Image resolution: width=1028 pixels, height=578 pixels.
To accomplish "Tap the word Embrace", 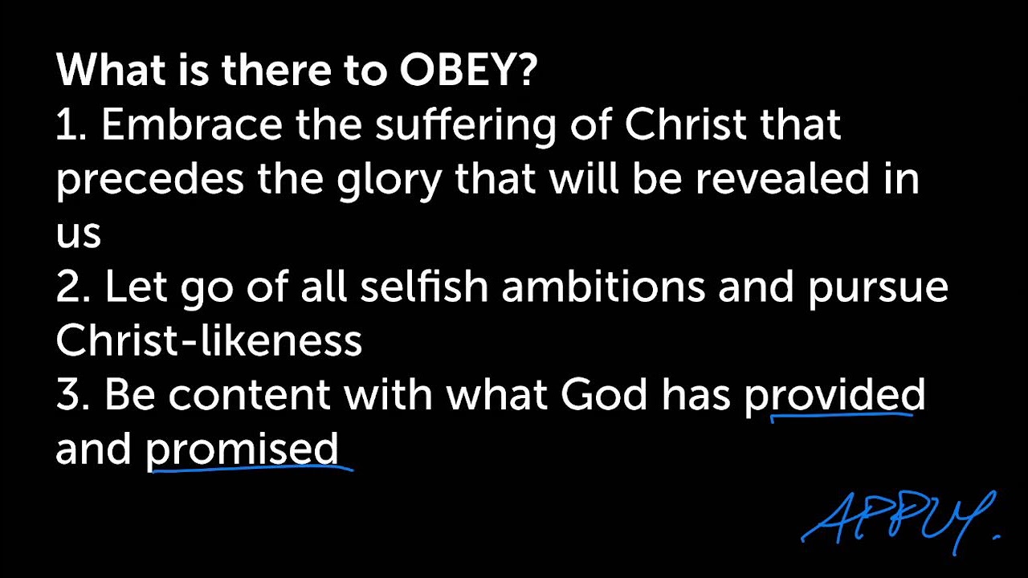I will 192,126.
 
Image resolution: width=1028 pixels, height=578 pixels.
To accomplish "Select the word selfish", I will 423,287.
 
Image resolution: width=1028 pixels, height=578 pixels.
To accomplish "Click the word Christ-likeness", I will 209,341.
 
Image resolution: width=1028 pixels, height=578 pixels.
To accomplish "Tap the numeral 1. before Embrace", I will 71,126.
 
